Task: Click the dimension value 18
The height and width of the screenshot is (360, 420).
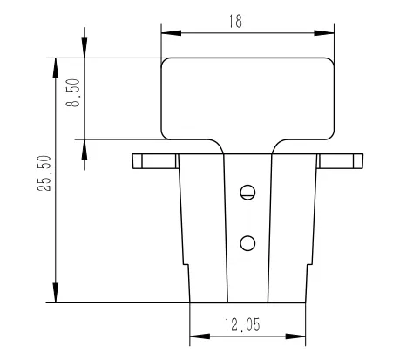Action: [x=235, y=21]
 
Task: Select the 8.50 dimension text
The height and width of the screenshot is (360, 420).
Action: [x=73, y=93]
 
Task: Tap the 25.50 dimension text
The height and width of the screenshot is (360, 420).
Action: [x=44, y=173]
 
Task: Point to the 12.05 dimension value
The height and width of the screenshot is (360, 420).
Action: [x=242, y=324]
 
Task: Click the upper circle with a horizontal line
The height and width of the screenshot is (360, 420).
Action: [x=247, y=193]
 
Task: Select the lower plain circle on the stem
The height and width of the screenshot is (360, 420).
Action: [x=247, y=243]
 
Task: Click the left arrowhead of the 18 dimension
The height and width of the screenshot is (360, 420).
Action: [x=172, y=33]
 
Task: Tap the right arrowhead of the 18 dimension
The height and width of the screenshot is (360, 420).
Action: [x=324, y=33]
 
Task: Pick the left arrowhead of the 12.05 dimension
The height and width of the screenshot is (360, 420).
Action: [x=200, y=336]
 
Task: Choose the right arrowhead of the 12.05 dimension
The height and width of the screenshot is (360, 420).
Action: [x=295, y=336]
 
